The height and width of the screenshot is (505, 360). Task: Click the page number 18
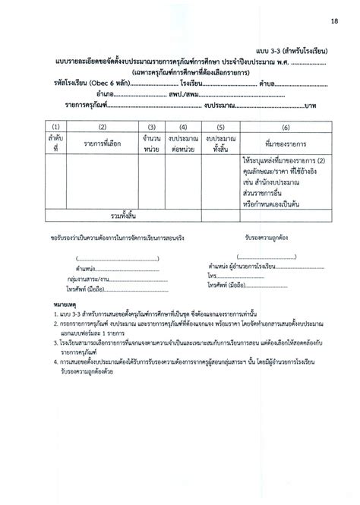334,14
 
